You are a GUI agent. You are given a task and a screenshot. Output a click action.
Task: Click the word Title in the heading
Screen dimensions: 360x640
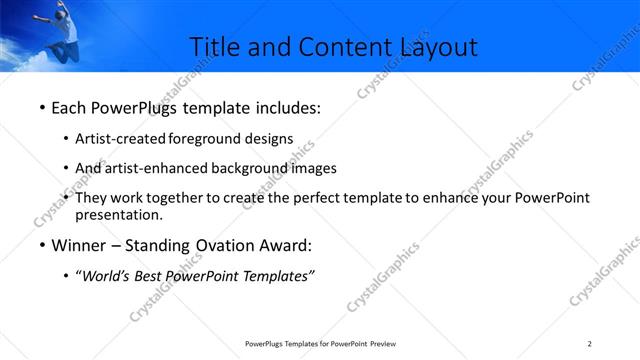213,47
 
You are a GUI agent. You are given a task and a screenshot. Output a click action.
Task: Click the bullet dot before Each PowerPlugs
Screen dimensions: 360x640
41,107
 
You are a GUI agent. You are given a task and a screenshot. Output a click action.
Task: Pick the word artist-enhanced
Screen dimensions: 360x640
167,168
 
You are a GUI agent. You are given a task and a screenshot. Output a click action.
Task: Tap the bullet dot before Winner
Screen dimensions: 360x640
41,246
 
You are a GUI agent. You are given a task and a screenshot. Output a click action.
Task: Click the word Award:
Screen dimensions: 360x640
288,246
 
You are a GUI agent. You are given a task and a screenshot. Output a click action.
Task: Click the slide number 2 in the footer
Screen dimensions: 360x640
589,343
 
